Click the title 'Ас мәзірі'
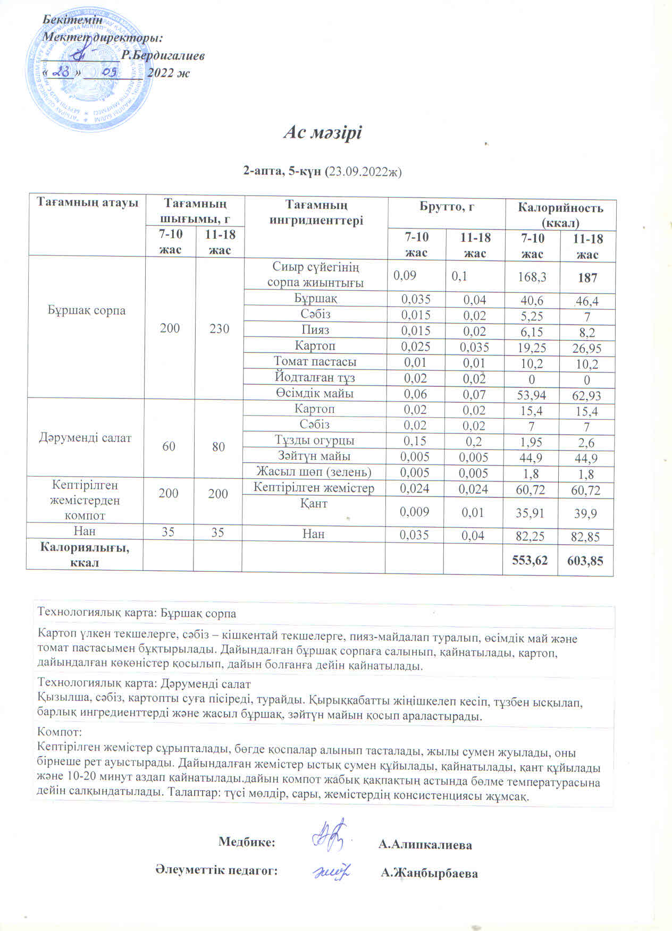[x=322, y=132]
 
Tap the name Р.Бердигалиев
[x=163, y=55]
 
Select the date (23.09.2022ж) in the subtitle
[x=363, y=172]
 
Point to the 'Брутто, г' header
[x=447, y=207]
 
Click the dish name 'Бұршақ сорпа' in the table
[x=87, y=310]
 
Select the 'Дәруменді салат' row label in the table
[x=85, y=438]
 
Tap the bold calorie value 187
[x=587, y=277]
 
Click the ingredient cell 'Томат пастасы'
[x=315, y=362]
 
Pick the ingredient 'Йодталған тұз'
[x=315, y=378]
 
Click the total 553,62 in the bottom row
[x=530, y=560]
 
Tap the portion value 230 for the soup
[x=219, y=328]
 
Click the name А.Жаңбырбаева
[x=429, y=874]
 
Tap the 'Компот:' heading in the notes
[x=59, y=732]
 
